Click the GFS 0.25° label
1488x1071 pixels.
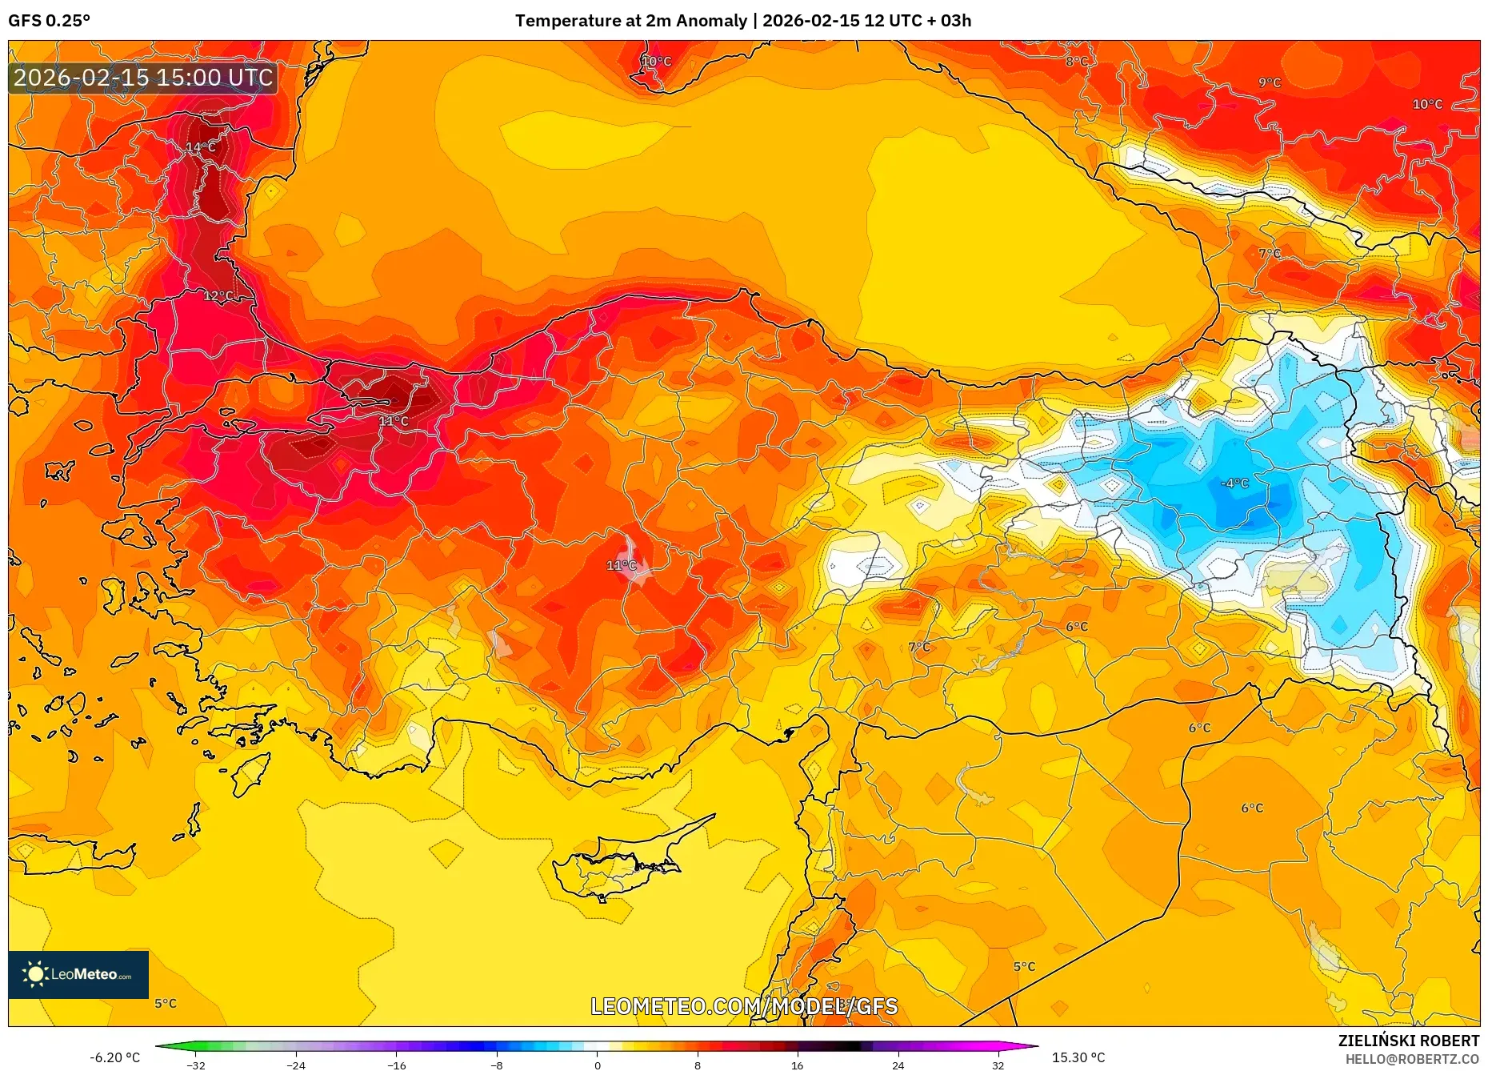[49, 21]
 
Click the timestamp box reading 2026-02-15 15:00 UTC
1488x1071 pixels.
[143, 78]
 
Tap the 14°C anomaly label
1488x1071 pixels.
[201, 147]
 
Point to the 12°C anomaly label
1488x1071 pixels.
[218, 296]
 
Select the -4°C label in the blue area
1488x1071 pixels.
[1234, 483]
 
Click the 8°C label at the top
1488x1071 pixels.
[1076, 62]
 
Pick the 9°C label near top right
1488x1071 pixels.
[1269, 82]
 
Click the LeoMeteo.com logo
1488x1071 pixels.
[78, 974]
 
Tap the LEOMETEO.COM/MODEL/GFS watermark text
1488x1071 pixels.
[744, 1006]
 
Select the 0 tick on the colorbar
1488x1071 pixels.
[597, 1065]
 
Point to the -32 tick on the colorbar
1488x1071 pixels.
[196, 1065]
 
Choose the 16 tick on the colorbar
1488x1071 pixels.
[797, 1065]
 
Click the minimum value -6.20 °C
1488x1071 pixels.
[114, 1057]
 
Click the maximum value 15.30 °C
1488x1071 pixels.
[1078, 1057]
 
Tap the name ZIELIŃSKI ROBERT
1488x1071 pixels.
[1408, 1041]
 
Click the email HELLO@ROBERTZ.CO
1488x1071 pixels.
[1412, 1059]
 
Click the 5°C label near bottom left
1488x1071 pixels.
[166, 1003]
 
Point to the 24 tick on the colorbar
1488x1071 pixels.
[898, 1065]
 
